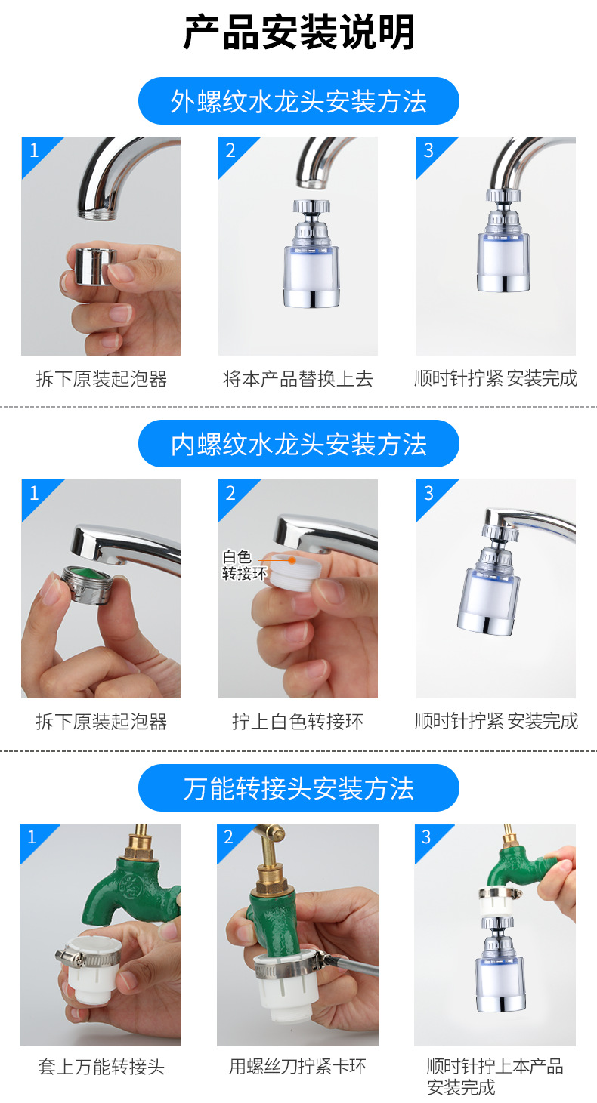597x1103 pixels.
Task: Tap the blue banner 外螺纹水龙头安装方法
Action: tap(298, 101)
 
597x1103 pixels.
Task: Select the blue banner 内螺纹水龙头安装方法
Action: tap(298, 444)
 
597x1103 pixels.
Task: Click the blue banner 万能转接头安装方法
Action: tap(298, 788)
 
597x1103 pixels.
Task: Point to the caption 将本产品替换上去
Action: tap(298, 378)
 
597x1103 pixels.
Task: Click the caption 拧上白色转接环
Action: tap(298, 722)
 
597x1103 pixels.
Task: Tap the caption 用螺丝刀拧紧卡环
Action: tap(298, 1066)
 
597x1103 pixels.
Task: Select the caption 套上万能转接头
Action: tap(101, 1066)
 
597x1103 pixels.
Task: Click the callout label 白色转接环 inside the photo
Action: tap(239, 565)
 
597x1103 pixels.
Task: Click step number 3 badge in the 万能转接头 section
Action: tap(426, 836)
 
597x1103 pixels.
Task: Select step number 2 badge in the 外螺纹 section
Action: tap(230, 149)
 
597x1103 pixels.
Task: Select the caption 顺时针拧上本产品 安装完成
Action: tap(495, 1077)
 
